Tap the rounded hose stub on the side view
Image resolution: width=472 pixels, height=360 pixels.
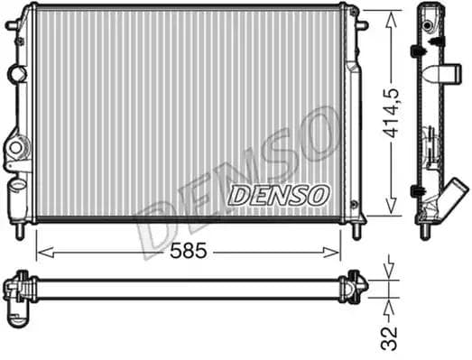pyautogui.click(x=448, y=75)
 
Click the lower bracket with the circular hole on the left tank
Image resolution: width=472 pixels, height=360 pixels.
pyautogui.click(x=16, y=146)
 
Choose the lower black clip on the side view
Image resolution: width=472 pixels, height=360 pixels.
pyautogui.click(x=418, y=190)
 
